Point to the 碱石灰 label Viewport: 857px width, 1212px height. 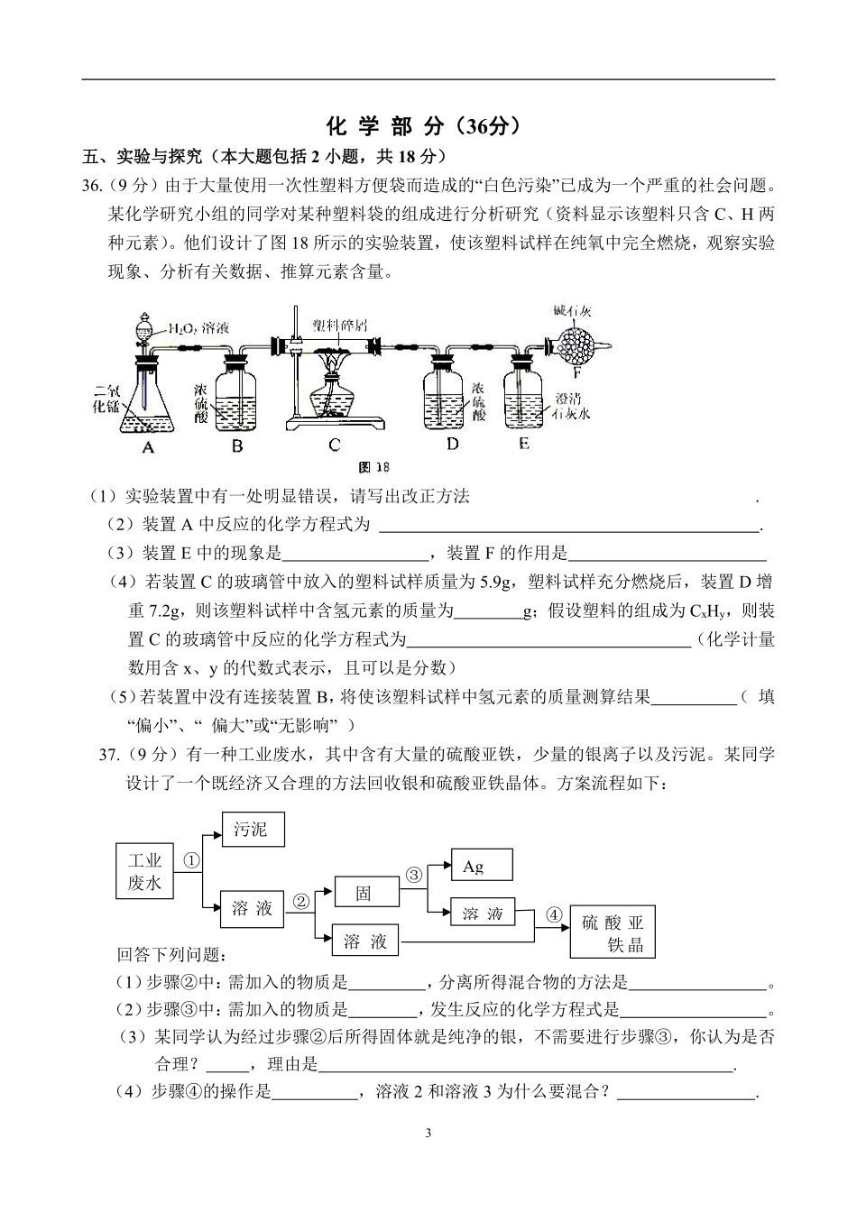point(573,311)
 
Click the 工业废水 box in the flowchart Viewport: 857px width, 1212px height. point(144,871)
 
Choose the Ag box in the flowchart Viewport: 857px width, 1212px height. point(481,866)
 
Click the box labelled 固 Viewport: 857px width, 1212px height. point(365,893)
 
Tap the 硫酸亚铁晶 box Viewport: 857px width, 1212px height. point(613,932)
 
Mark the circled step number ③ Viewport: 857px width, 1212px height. point(414,874)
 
